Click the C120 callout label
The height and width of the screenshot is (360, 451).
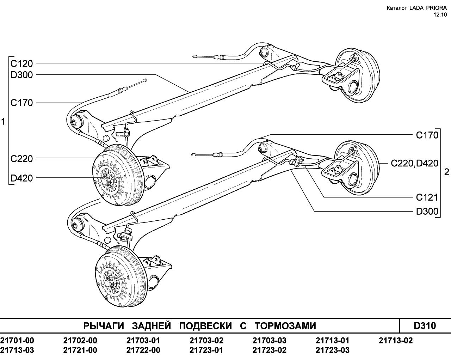pyautogui.click(x=22, y=63)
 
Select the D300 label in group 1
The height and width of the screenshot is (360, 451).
pyautogui.click(x=22, y=75)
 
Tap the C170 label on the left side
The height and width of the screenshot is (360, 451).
pyautogui.click(x=22, y=103)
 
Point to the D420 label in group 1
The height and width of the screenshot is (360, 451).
pyautogui.click(x=22, y=178)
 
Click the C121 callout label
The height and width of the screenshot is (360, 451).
pyautogui.click(x=427, y=197)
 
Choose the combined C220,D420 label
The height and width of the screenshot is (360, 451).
pyautogui.click(x=415, y=163)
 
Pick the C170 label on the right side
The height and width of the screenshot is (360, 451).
pyautogui.click(x=427, y=135)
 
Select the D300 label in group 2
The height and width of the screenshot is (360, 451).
pyautogui.click(x=427, y=211)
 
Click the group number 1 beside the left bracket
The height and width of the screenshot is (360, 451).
pyautogui.click(x=3, y=122)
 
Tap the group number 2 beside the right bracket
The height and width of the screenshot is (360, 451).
pyautogui.click(x=447, y=172)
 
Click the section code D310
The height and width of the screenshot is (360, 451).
pyautogui.click(x=425, y=326)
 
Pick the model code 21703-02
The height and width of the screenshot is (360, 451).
pyautogui.click(x=206, y=341)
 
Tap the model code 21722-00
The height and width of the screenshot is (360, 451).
pyautogui.click(x=143, y=350)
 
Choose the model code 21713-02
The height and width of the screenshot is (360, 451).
pyautogui.click(x=396, y=341)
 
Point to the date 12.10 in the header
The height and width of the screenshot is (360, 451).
pyautogui.click(x=440, y=15)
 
